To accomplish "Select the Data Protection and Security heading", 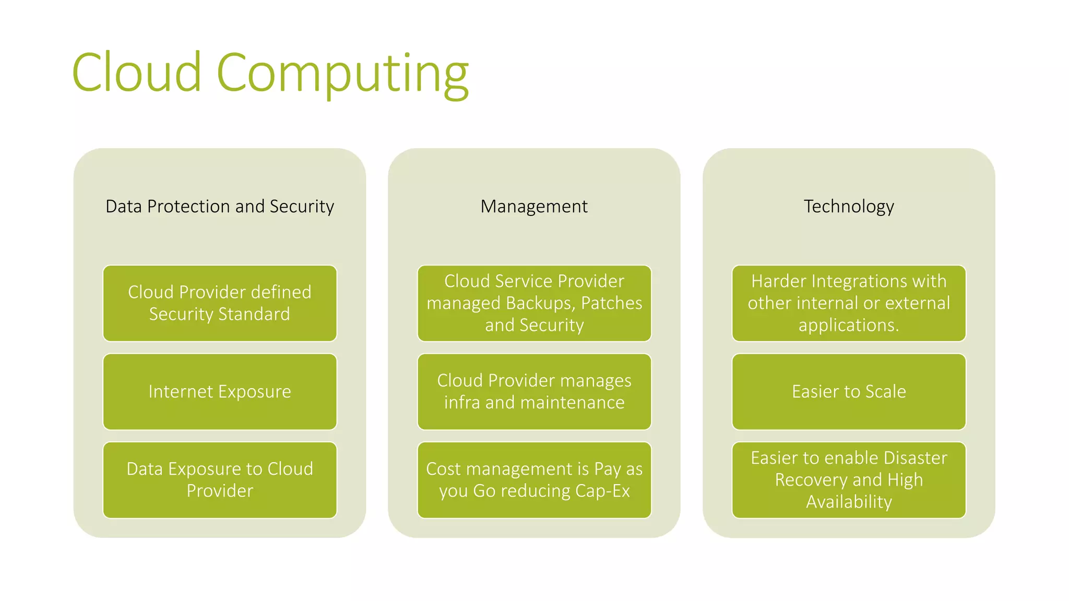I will (220, 207).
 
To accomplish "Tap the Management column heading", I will (534, 207).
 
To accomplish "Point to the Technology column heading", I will (849, 207).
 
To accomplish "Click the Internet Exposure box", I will (220, 392).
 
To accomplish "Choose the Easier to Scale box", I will (849, 392).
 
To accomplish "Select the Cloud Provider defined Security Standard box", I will (220, 303).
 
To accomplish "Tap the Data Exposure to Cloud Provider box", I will (220, 480).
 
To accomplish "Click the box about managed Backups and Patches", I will (534, 303).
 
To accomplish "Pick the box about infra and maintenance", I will (534, 392).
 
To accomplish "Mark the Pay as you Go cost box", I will (534, 480).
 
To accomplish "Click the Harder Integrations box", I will (849, 303).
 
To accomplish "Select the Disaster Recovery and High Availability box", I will (849, 480).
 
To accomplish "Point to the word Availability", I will (849, 502).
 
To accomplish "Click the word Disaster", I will (915, 458).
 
